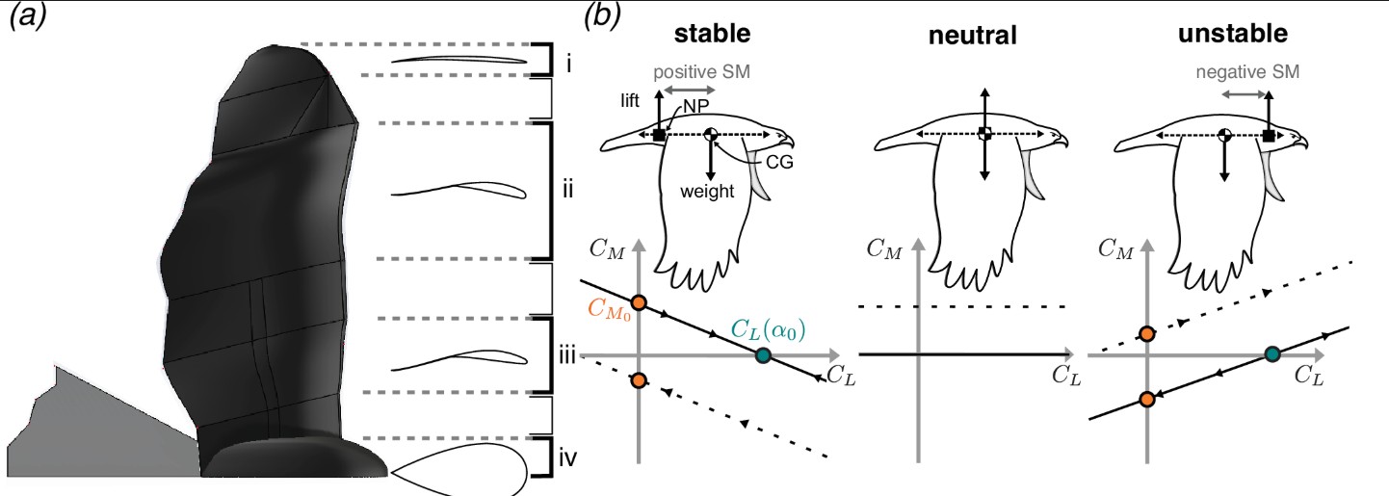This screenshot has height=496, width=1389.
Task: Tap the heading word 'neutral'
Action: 969,38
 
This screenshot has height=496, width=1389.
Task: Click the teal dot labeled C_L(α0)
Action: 764,355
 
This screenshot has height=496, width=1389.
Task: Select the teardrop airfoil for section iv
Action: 459,468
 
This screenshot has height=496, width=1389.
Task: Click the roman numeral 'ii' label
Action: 567,190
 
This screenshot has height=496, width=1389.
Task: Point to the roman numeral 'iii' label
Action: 567,356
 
